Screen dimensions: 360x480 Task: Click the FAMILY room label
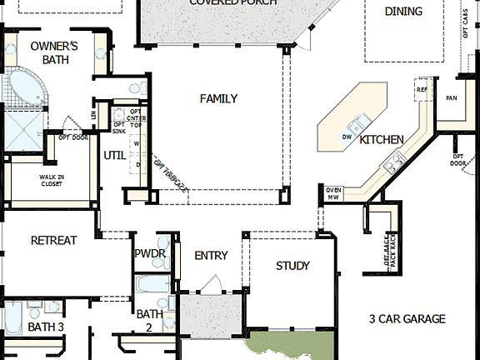pos(218,98)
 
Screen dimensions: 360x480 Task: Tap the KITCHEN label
pos(382,139)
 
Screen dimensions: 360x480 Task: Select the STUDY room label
pos(292,266)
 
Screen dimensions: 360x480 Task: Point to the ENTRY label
pos(211,255)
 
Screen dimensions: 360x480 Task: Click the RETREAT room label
pos(53,240)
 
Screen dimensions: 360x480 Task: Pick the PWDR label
pos(150,253)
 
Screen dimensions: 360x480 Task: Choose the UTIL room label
pos(113,154)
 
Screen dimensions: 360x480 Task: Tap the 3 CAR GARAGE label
pos(407,318)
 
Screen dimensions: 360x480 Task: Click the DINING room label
pos(403,12)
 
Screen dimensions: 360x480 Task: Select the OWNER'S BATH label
pos(54,52)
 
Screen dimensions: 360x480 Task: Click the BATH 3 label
pos(45,326)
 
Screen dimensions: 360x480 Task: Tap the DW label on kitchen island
pos(347,136)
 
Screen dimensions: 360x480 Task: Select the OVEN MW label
pos(333,194)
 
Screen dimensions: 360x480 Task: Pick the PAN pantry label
pos(452,97)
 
